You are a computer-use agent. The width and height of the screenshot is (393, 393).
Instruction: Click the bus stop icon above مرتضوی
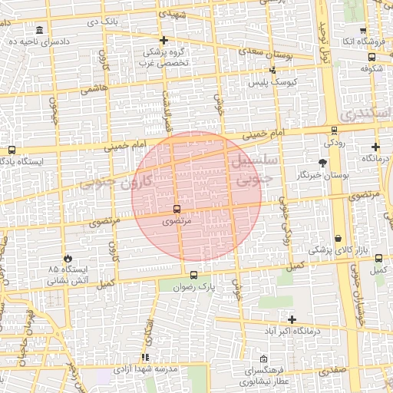point(177,209)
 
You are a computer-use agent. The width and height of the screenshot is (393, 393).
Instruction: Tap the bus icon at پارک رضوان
point(193,275)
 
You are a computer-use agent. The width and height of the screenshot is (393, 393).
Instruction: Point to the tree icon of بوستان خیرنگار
point(322,163)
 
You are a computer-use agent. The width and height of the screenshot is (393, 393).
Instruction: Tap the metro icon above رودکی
point(334,131)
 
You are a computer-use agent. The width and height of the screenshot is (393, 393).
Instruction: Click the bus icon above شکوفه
point(372,56)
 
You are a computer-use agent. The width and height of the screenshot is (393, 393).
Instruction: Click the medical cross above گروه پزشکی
point(163,40)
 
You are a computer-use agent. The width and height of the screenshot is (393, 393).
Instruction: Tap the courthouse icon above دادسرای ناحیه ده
point(39,29)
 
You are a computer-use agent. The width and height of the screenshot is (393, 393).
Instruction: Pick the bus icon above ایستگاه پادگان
point(11,150)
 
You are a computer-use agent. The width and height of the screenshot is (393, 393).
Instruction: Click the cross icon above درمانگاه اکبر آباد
point(292,319)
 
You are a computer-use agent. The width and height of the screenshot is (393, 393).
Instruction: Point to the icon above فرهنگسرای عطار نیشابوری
point(264,358)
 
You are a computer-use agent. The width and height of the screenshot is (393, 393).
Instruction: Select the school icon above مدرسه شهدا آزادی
point(145,358)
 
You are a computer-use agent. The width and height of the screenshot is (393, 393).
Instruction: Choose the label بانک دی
point(104,22)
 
